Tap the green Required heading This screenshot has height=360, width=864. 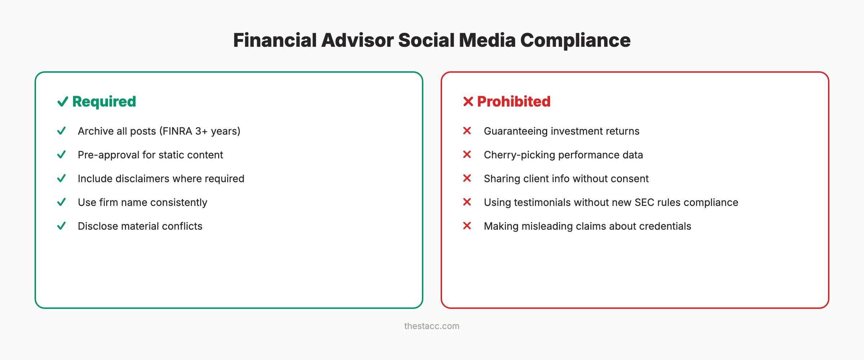pyautogui.click(x=104, y=102)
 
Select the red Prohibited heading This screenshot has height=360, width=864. pyautogui.click(x=514, y=102)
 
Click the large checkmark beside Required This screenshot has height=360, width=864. pyautogui.click(x=63, y=102)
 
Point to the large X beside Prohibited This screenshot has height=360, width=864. pyautogui.click(x=468, y=102)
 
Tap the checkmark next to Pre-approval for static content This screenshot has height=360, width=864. pyautogui.click(x=62, y=154)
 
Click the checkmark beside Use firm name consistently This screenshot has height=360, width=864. pyautogui.click(x=62, y=202)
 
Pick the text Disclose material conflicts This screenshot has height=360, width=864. pyautogui.click(x=140, y=226)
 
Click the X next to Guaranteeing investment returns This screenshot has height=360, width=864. pyautogui.click(x=467, y=131)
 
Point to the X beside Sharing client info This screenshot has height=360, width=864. pyautogui.click(x=467, y=178)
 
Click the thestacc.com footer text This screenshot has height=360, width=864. pyautogui.click(x=432, y=326)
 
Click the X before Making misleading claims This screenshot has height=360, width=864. pyautogui.click(x=467, y=226)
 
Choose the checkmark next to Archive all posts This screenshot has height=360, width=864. pyautogui.click(x=62, y=131)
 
